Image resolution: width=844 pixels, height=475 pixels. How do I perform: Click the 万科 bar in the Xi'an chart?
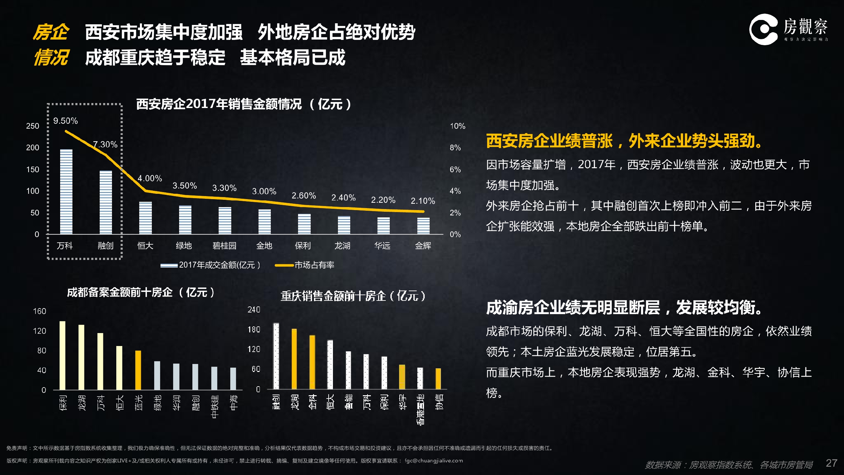(x=66, y=192)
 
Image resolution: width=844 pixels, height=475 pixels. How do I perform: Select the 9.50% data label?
(x=65, y=121)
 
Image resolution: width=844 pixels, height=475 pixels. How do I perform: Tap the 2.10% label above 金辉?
(x=423, y=201)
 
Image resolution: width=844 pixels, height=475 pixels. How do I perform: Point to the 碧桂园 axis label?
(x=224, y=246)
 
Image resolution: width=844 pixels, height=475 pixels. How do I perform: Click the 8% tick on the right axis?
(x=455, y=148)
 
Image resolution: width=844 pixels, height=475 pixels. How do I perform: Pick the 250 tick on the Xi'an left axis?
(x=33, y=126)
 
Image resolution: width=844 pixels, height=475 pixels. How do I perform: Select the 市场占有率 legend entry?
(x=314, y=265)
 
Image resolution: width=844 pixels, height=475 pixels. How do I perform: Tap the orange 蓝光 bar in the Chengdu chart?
(x=138, y=370)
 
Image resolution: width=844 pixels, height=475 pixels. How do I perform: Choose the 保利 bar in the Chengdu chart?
(x=62, y=355)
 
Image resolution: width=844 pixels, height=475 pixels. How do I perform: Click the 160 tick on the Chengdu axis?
(x=40, y=311)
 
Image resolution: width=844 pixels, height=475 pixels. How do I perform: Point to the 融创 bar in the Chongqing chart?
(x=276, y=356)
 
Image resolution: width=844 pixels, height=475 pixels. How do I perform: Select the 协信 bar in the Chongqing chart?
(x=438, y=379)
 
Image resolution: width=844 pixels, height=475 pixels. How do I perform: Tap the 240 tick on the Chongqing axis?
(x=254, y=310)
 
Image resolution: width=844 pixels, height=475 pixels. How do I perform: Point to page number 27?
(x=831, y=463)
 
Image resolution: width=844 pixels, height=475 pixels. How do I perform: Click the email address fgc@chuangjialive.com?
(x=434, y=461)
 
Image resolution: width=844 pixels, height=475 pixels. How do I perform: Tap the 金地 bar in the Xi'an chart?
(x=264, y=222)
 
